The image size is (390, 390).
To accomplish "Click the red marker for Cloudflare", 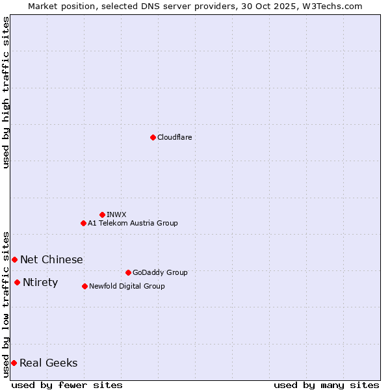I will [153, 137].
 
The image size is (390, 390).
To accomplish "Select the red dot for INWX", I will [102, 214].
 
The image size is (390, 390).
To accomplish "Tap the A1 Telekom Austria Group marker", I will [83, 223].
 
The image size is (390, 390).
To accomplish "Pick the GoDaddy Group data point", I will [128, 272].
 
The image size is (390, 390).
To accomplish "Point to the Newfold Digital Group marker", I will [84, 286].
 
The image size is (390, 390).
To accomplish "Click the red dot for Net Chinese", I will [14, 259].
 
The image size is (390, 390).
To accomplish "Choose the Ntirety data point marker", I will [17, 282].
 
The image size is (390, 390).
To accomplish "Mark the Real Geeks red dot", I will [14, 363].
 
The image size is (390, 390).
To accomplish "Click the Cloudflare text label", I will [174, 137].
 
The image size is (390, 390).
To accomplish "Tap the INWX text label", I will [116, 214].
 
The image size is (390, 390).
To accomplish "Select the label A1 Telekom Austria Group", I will [133, 223].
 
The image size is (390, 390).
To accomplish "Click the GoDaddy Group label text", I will [160, 272].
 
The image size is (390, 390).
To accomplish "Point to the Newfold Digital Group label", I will [127, 286].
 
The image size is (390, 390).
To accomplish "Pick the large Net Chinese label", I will [51, 259].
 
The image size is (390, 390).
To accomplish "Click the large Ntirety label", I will [40, 282].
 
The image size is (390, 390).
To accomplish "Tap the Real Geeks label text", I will [49, 363].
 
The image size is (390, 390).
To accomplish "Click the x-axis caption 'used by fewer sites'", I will [67, 385].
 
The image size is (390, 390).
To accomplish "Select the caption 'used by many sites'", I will [326, 385].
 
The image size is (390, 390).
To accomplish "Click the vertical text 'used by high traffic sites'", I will [6, 92].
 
